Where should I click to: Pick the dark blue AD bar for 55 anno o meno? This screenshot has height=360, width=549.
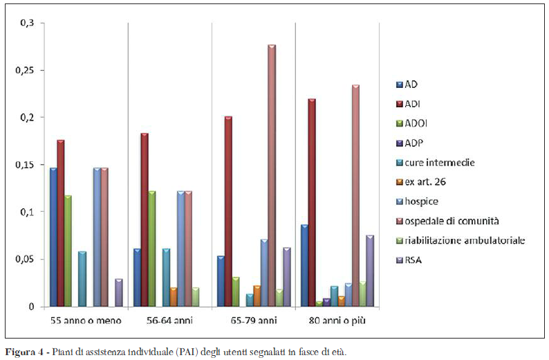click(53, 237)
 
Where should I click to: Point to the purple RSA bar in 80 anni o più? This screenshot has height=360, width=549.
click(370, 271)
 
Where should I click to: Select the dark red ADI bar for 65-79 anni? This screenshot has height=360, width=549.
click(228, 211)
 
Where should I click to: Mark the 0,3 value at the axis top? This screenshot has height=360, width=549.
click(28, 24)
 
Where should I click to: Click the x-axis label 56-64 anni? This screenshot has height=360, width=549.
click(170, 321)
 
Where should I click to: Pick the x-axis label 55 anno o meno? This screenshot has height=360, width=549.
click(86, 321)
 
